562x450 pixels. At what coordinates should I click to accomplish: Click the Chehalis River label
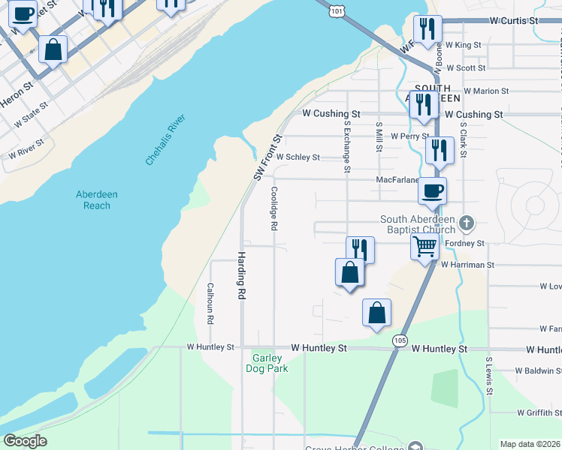click(x=165, y=140)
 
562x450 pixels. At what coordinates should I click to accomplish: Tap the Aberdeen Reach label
click(x=97, y=199)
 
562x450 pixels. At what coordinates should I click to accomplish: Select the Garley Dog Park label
click(x=267, y=363)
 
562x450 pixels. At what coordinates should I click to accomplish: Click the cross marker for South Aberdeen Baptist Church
click(x=467, y=223)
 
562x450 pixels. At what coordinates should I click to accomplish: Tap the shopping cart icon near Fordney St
click(x=425, y=246)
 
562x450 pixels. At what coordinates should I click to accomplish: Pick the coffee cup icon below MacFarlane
click(x=432, y=190)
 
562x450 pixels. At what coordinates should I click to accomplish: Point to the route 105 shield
click(x=400, y=341)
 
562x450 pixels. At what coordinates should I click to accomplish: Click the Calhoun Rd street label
click(x=211, y=303)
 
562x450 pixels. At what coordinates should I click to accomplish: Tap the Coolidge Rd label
click(x=274, y=208)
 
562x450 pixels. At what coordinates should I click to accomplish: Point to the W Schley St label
click(x=298, y=157)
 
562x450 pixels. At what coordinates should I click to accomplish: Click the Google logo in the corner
click(x=25, y=441)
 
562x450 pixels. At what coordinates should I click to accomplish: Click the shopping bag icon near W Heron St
click(x=54, y=50)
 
